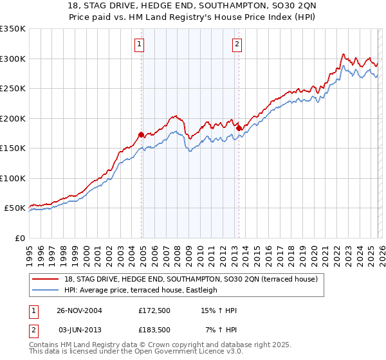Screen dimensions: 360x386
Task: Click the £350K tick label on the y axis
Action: coord(13,29)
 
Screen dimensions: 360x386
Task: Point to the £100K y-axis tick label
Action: coord(13,178)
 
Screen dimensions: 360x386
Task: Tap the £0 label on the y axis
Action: coord(19,238)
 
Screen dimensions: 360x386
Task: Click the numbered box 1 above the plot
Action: coord(140,44)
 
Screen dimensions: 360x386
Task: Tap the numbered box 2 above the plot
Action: coord(237,44)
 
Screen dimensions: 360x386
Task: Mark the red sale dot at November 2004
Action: coord(142,135)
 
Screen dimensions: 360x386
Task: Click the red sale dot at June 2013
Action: coord(238,129)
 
